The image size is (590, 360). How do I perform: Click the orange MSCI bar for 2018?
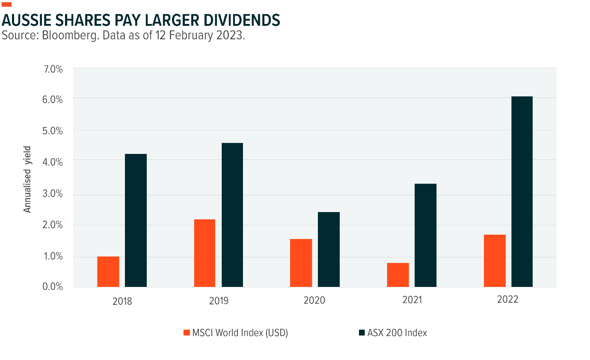(x=108, y=271)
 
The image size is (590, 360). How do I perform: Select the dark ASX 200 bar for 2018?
(x=136, y=220)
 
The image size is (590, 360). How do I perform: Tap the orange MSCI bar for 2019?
(x=205, y=253)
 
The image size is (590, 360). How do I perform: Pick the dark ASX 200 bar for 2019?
(x=232, y=215)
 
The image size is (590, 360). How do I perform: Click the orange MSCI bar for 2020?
(x=301, y=263)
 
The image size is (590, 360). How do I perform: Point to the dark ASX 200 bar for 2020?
(x=329, y=249)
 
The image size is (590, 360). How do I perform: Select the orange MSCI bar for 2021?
(x=397, y=275)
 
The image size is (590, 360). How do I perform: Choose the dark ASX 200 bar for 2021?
(x=426, y=235)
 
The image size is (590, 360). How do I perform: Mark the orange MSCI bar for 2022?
(x=495, y=260)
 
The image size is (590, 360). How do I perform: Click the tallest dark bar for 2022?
(x=522, y=192)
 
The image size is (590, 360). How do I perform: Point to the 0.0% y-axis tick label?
(x=52, y=286)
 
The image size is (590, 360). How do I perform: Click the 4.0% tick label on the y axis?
(x=52, y=162)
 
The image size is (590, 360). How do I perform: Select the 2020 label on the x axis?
(x=314, y=300)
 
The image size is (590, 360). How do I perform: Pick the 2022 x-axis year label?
(x=508, y=299)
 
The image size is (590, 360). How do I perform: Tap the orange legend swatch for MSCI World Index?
(x=186, y=333)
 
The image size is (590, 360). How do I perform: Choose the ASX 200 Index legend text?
(x=397, y=333)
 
